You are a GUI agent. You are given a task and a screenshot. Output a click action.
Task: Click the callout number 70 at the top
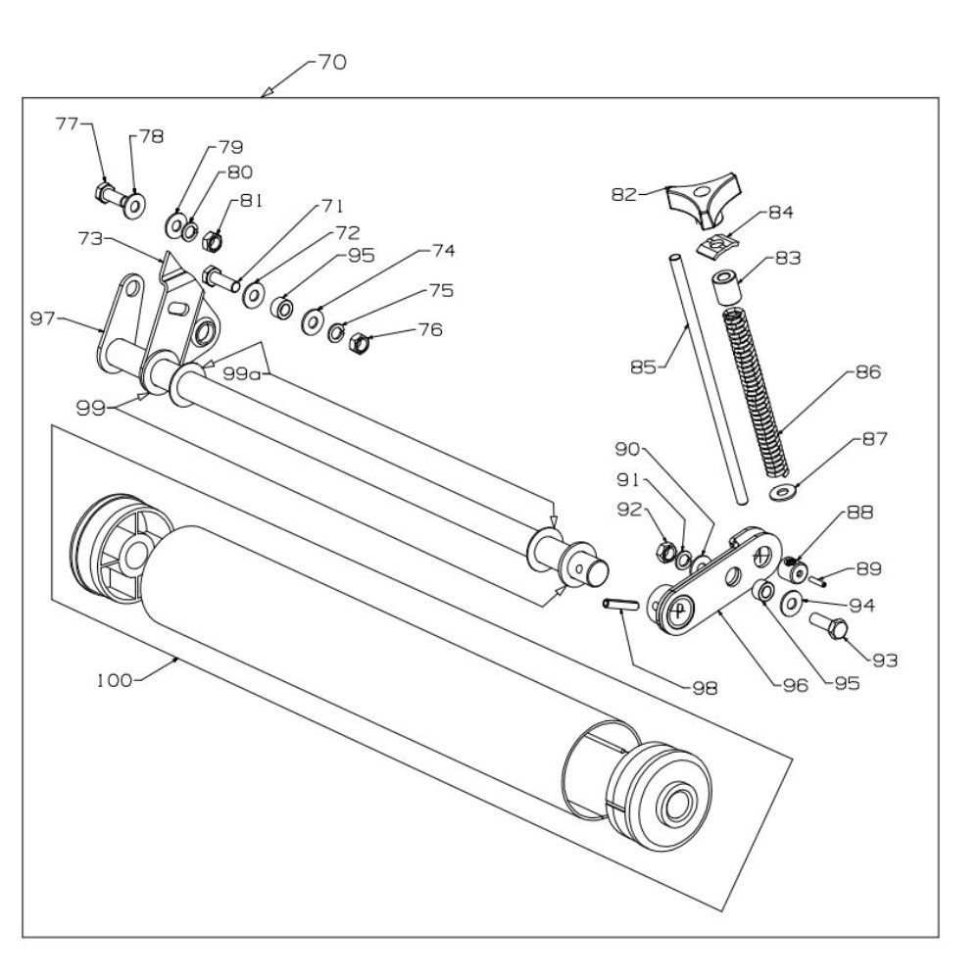332,63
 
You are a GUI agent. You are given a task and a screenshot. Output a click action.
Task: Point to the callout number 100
115,680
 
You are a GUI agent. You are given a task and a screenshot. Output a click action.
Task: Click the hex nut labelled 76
359,342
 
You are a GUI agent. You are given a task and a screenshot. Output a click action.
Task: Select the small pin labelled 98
620,605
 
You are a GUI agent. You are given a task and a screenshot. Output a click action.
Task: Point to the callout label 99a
242,373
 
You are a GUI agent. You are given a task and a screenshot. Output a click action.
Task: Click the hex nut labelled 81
213,241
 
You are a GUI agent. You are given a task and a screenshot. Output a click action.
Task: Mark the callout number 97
43,318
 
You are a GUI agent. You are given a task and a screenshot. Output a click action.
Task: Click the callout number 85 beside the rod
644,367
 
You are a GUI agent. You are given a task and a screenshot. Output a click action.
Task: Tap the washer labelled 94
793,603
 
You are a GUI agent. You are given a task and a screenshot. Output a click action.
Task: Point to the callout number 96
796,686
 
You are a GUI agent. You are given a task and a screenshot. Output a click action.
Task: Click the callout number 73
90,238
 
